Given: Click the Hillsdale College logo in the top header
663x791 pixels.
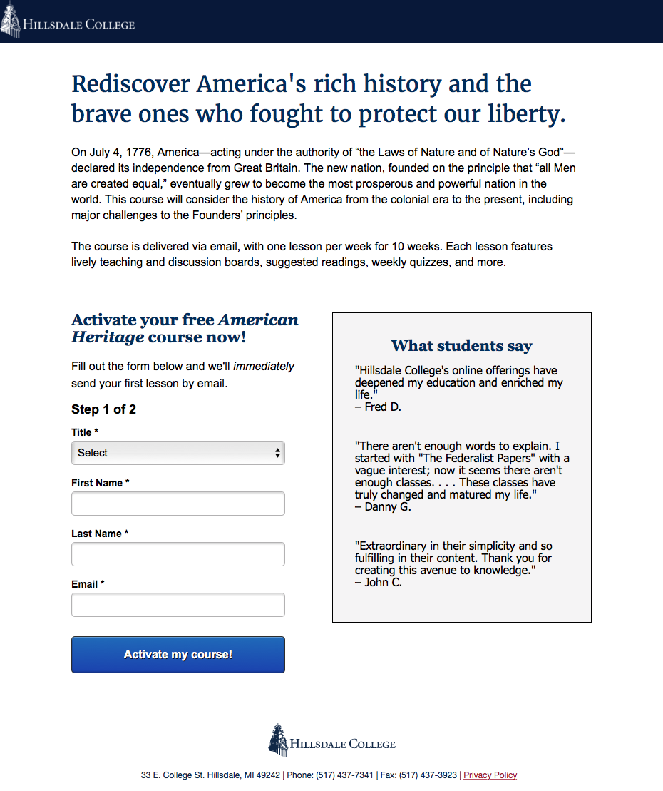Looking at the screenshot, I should click(x=68, y=24).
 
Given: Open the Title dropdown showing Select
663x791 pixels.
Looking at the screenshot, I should click(x=178, y=453).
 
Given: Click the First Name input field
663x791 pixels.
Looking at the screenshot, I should click(x=178, y=504).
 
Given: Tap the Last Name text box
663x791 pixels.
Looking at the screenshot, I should click(x=178, y=554).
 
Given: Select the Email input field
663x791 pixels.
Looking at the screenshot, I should click(x=178, y=605).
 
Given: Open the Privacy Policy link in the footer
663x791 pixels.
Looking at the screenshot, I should click(x=490, y=775).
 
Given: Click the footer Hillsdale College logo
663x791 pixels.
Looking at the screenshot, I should click(x=331, y=741).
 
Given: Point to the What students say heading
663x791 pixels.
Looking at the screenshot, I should click(x=461, y=346).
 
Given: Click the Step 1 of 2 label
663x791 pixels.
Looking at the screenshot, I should click(x=103, y=409).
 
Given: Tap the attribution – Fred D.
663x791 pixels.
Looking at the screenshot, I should click(x=378, y=407).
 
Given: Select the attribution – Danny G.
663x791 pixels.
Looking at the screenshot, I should click(x=383, y=507).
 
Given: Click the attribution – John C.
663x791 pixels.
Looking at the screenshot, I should click(x=379, y=582).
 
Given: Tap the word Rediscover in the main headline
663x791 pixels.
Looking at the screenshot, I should click(x=130, y=84).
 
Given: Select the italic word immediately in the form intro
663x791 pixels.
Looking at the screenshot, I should click(x=264, y=367).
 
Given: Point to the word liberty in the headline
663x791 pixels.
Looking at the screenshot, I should click(x=524, y=114).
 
